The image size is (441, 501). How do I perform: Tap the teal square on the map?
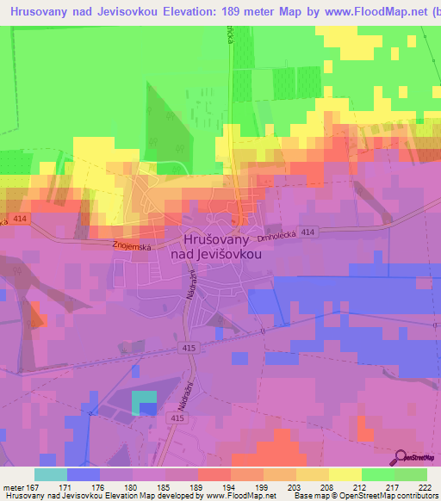[145, 397]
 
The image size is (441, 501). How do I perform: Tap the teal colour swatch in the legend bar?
[50, 474]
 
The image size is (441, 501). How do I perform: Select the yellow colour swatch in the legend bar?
[345, 474]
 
